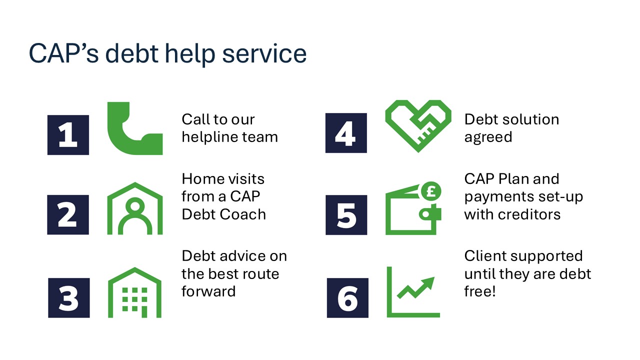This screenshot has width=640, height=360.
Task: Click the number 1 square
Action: (68, 135)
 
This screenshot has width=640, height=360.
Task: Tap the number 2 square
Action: (68, 215)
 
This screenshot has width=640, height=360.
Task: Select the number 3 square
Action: (69, 297)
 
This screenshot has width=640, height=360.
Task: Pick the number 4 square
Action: (346, 133)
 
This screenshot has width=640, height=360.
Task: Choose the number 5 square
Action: (346, 215)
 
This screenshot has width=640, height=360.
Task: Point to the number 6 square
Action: (347, 297)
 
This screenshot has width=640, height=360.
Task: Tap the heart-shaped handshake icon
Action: (418, 125)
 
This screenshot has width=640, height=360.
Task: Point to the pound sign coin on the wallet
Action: (431, 191)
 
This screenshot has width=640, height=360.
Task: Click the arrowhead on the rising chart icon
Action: (428, 282)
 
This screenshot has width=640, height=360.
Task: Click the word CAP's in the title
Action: (63, 53)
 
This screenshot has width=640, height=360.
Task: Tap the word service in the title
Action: (264, 53)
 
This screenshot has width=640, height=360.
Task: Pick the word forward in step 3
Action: (208, 291)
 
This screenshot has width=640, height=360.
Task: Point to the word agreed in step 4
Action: (488, 137)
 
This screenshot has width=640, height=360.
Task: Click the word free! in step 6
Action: (480, 291)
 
